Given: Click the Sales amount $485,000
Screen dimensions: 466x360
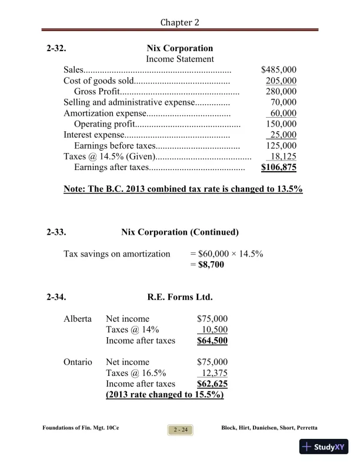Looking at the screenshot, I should click(279, 69).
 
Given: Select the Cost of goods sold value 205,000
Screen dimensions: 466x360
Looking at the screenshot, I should click(281, 81).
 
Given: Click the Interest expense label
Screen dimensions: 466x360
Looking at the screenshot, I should click(94, 135).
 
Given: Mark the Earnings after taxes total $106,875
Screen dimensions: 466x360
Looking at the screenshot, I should click(279, 168).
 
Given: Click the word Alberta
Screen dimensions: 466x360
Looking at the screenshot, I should click(78, 319).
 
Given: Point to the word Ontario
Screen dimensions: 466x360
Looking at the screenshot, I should click(78, 362).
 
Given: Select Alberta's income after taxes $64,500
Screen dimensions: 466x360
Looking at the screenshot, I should click(212, 341).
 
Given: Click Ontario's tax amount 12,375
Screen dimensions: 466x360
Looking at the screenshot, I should click(215, 373).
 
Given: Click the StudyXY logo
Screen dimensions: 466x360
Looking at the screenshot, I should click(323, 447).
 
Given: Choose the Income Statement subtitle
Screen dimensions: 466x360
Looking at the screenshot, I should click(179, 59).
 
